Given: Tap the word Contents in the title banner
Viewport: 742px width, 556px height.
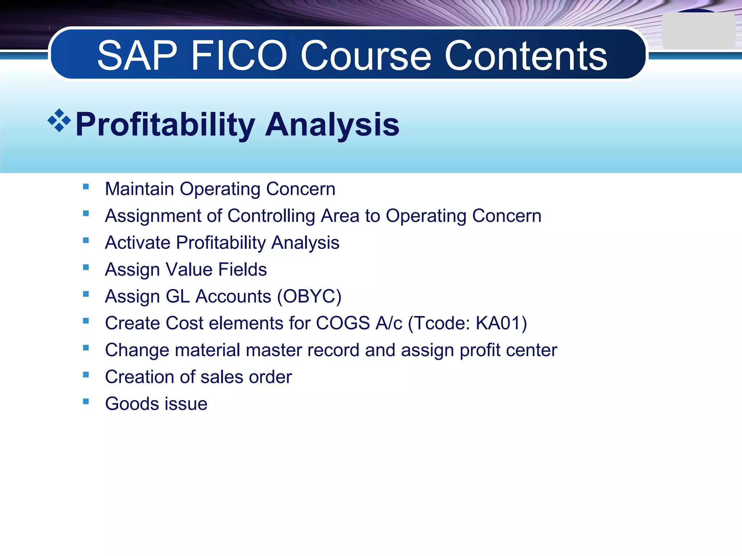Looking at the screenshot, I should tap(525, 56).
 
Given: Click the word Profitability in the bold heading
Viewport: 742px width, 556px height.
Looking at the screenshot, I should tap(165, 125).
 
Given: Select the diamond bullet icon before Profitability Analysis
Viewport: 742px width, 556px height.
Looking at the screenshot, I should tap(59, 121).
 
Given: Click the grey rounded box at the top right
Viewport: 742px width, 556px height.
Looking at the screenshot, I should tap(698, 31).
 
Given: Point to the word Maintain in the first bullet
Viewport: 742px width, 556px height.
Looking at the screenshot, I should tap(139, 189).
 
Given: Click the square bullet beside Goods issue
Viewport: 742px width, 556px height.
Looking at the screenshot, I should tap(86, 401).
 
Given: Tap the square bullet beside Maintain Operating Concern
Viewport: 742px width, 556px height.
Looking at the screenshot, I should tap(86, 187).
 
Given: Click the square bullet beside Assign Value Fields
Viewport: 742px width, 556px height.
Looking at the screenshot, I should tap(86, 267).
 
